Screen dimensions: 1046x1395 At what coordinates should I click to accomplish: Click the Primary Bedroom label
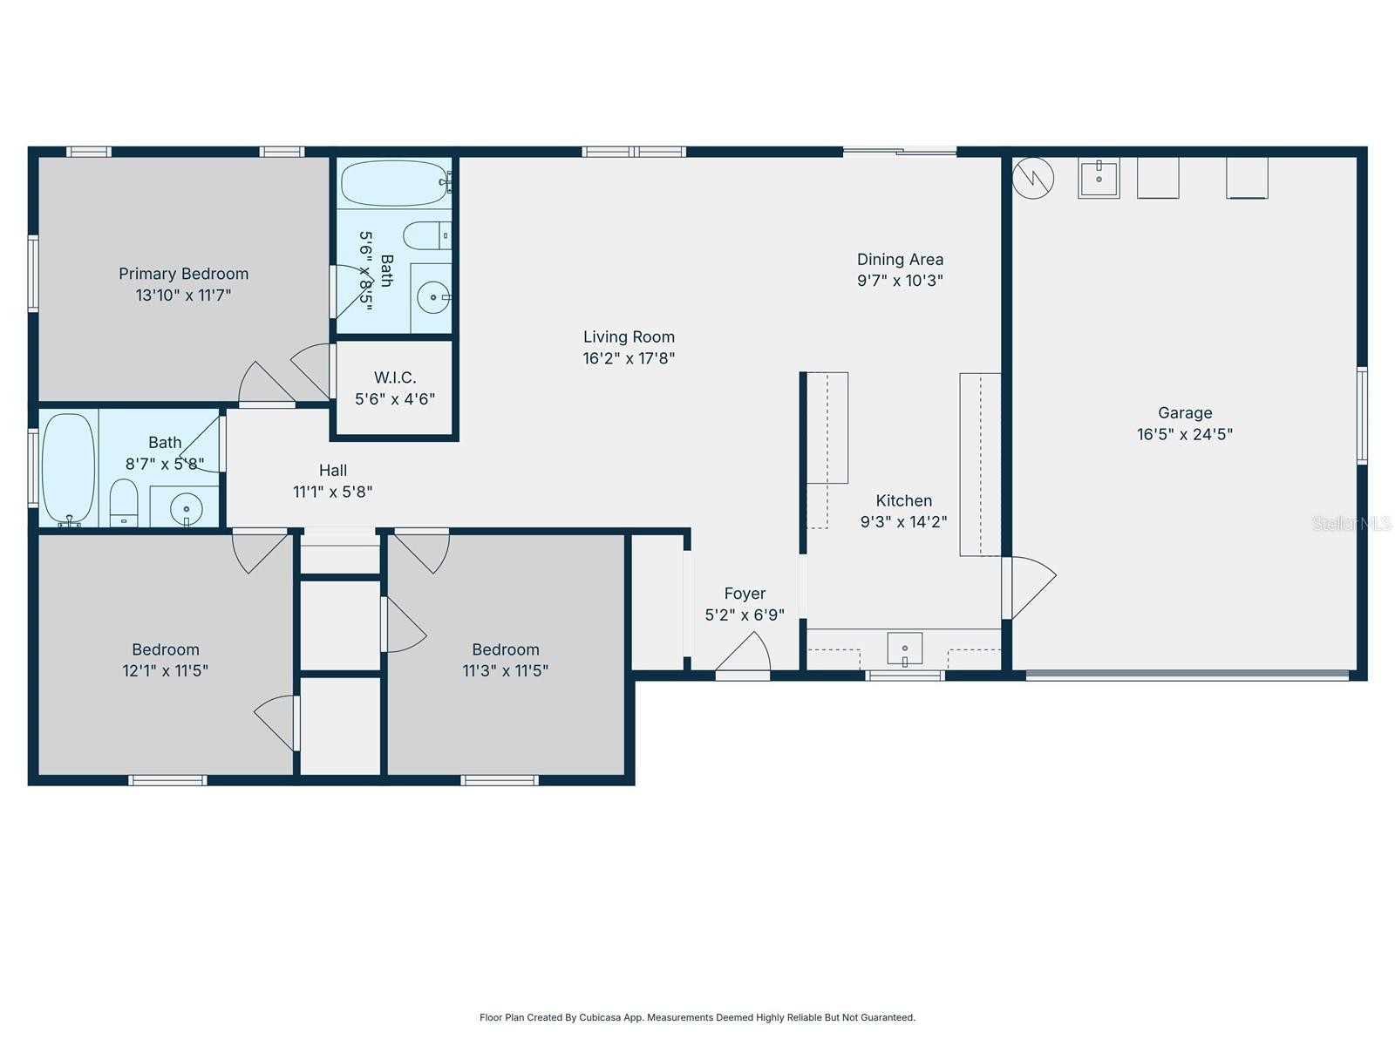pos(183,274)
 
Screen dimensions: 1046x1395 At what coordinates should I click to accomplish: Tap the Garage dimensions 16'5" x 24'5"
pos(1184,434)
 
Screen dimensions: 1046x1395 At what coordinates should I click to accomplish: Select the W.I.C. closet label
pos(395,377)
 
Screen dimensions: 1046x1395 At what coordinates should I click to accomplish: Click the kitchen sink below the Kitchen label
pos(904,649)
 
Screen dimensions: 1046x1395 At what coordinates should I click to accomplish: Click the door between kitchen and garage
pos(1029,588)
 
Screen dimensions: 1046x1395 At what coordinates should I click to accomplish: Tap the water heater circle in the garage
pos(1033,179)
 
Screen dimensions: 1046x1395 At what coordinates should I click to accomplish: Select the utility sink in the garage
pos(1099,179)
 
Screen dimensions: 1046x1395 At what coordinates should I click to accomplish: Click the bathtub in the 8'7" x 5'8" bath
pos(69,468)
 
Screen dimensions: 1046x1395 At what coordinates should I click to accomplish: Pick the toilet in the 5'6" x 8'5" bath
pos(426,235)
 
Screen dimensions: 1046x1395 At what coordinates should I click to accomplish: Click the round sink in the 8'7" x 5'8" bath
pos(186,507)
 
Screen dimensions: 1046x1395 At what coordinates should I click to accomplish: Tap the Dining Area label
pos(900,259)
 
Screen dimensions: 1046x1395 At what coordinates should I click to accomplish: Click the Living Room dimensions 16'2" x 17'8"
pos(629,358)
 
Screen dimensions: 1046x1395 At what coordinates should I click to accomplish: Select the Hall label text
pos(333,471)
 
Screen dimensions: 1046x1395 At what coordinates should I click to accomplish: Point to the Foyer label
pos(745,594)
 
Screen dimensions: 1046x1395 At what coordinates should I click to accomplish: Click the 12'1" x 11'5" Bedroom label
pos(166,649)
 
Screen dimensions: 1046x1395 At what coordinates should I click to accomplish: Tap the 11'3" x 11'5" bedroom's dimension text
pos(505,670)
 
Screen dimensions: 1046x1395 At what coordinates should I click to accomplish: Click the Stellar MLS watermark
pos(1351,523)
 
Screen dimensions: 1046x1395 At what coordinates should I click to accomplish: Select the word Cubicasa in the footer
pos(601,1017)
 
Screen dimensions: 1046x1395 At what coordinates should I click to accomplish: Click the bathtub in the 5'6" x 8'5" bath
pos(394,183)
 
